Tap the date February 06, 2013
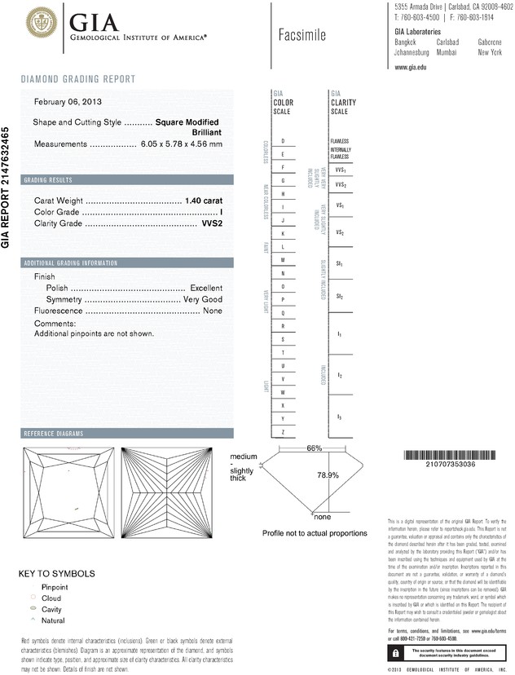(x=68, y=102)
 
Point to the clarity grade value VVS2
(x=212, y=223)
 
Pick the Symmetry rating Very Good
(x=203, y=300)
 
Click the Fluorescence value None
(x=213, y=311)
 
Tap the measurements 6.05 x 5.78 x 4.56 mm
(x=182, y=143)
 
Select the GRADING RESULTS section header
(x=50, y=180)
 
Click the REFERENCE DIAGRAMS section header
(x=55, y=433)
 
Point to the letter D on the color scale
(x=283, y=141)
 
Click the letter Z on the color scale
(x=283, y=430)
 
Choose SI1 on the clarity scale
(x=339, y=265)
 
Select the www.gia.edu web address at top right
(x=411, y=68)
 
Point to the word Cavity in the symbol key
(x=53, y=609)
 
